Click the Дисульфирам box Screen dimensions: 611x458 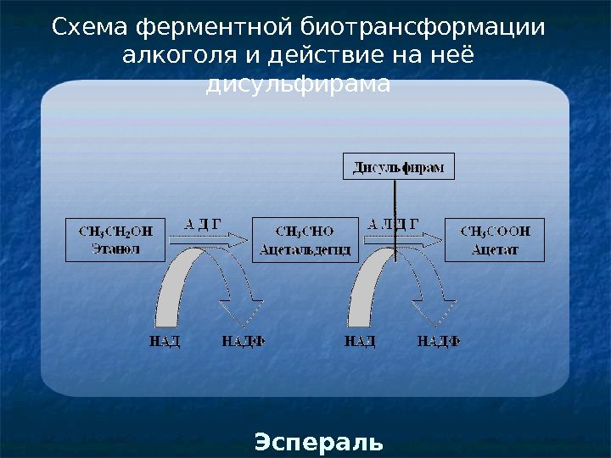(398, 166)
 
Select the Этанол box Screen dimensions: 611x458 (115, 240)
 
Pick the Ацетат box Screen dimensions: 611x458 (495, 240)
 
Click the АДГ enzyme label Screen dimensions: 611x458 (203, 224)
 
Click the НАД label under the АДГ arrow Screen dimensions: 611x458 (165, 342)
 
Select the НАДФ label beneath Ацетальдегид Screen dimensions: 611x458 (244, 342)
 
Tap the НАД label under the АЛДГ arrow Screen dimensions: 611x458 (360, 342)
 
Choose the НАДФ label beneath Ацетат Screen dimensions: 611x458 (439, 342)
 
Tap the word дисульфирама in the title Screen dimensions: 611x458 (299, 85)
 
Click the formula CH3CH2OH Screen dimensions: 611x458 (115, 231)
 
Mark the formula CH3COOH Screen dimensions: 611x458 (495, 231)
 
